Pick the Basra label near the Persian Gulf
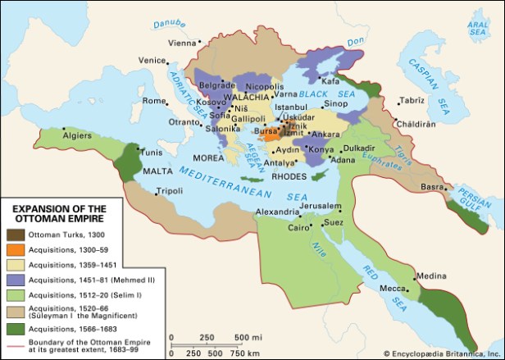[x=432, y=186]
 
